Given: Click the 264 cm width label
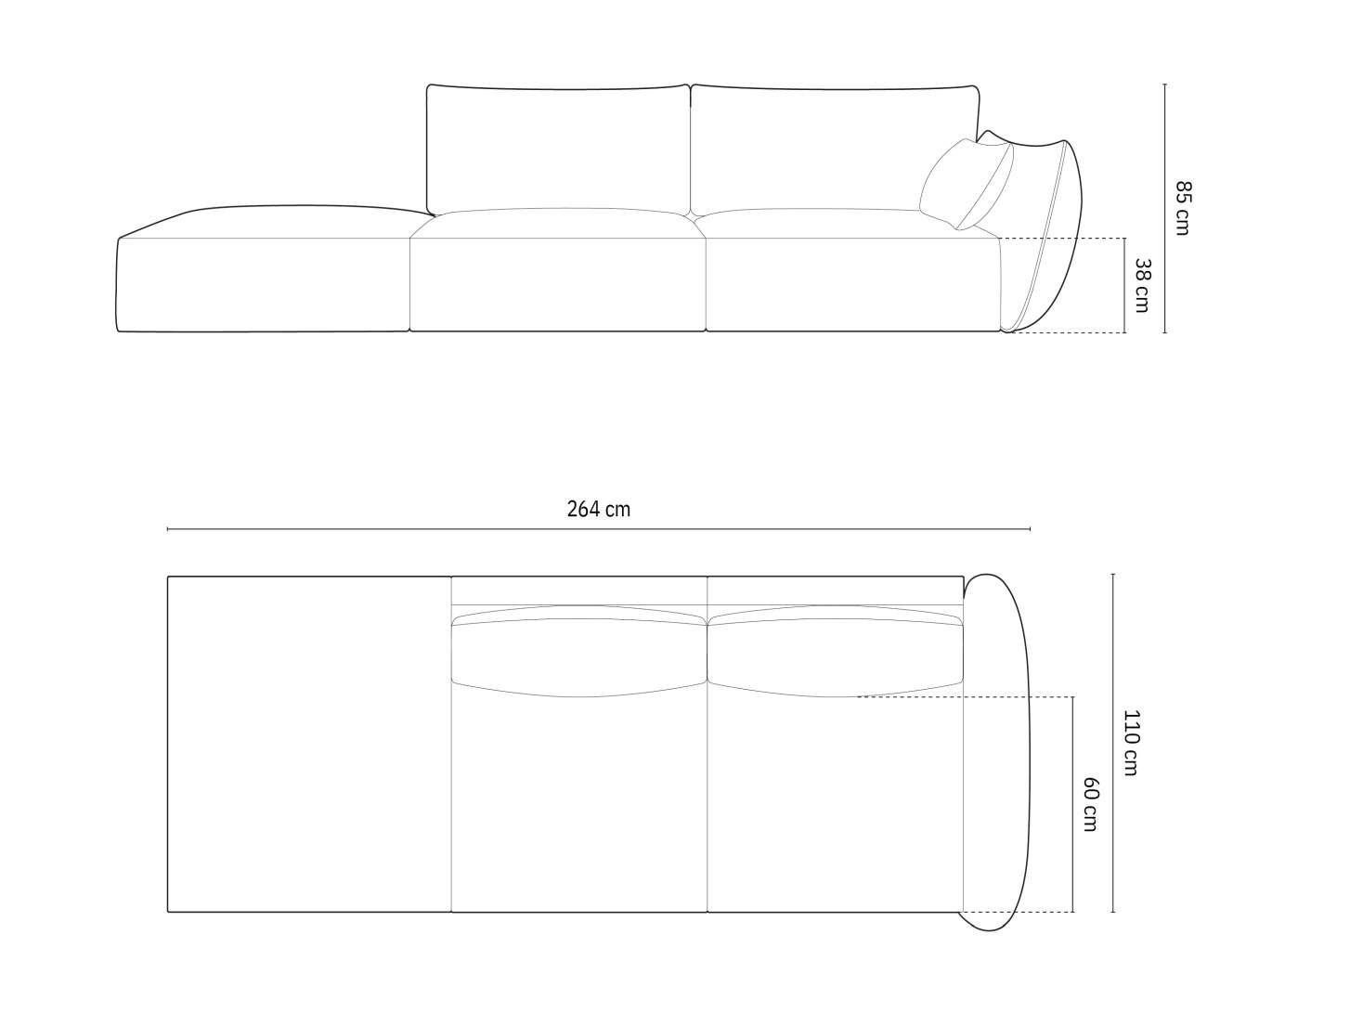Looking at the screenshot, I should pos(598,509).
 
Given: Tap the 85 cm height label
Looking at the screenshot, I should pos(1181,208).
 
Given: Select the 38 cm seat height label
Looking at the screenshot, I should pos(1142,285).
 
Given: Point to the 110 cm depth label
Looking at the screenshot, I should pos(1131,742).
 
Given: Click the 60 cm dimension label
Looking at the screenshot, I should pos(1090,804).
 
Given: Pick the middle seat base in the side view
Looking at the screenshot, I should pos(557,283).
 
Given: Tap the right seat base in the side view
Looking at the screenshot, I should pos(852,283).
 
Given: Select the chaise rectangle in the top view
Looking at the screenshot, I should pos(309,744).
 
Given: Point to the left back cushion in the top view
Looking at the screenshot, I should pos(579,655).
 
